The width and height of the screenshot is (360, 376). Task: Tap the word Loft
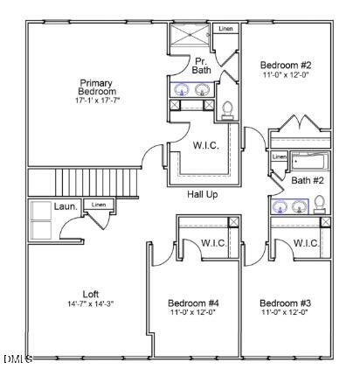pos(91,294)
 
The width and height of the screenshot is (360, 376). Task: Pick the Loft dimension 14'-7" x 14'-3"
pos(91,303)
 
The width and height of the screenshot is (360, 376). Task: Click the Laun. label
pos(66,206)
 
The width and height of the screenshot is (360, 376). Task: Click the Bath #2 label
pos(308,181)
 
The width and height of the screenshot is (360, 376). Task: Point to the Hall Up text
pos(202,194)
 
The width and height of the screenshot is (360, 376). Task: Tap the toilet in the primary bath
pos(228,109)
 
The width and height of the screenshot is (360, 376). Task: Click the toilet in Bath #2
pos(320,205)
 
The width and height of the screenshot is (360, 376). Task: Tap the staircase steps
pos(96,184)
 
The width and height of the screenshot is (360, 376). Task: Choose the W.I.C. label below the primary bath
pos(206,145)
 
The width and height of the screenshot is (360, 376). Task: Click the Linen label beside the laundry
pos(99,205)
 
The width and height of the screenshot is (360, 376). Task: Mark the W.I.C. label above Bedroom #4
pos(213,243)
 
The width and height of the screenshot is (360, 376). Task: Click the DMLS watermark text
pos(17,359)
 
